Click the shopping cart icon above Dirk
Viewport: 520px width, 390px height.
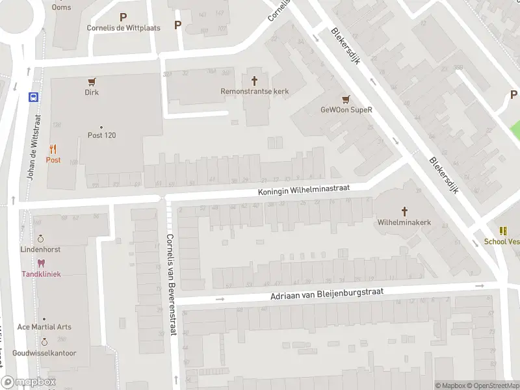[92, 82]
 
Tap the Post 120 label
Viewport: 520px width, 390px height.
[101, 135]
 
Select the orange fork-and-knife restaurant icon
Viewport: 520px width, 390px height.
[53, 149]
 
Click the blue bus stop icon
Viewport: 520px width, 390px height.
[32, 97]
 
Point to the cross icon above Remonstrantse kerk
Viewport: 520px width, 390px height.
[254, 81]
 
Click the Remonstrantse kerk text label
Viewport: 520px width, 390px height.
[254, 92]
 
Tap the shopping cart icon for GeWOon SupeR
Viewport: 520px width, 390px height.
[346, 99]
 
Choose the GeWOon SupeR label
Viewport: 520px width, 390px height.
[346, 110]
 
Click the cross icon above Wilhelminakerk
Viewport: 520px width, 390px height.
[404, 211]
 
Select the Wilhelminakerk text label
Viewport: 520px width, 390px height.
[404, 222]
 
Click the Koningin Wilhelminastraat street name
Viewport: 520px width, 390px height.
[304, 188]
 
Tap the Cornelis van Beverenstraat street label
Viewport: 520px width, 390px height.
[172, 284]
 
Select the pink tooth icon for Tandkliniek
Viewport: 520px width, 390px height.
[41, 263]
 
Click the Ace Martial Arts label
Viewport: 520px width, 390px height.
[44, 327]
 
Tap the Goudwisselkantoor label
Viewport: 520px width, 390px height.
[44, 353]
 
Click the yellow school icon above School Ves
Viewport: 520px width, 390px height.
[503, 231]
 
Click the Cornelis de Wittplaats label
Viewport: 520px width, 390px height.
[123, 28]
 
